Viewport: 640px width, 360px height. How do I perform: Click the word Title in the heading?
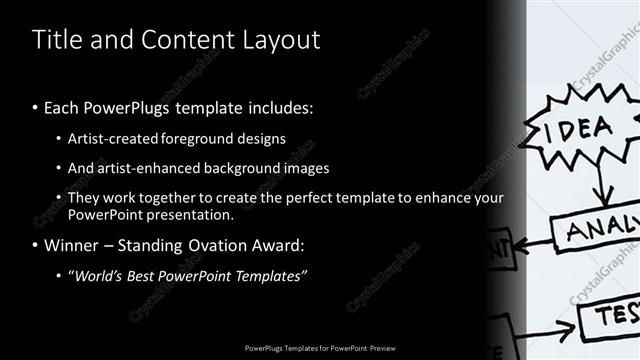[x=57, y=40]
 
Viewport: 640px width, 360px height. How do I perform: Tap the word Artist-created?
[x=113, y=139]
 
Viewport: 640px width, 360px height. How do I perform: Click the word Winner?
[x=73, y=245]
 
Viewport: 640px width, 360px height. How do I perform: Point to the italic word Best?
[x=146, y=276]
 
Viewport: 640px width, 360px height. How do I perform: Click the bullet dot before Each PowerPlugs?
[x=36, y=108]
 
